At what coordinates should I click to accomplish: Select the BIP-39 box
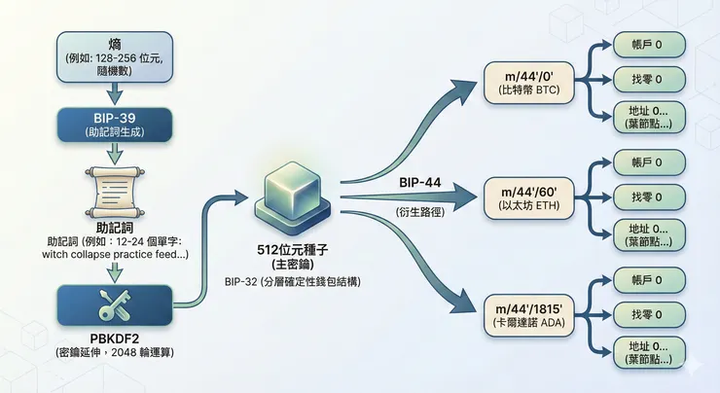(x=115, y=123)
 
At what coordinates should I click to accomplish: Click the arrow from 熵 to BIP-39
(x=115, y=93)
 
